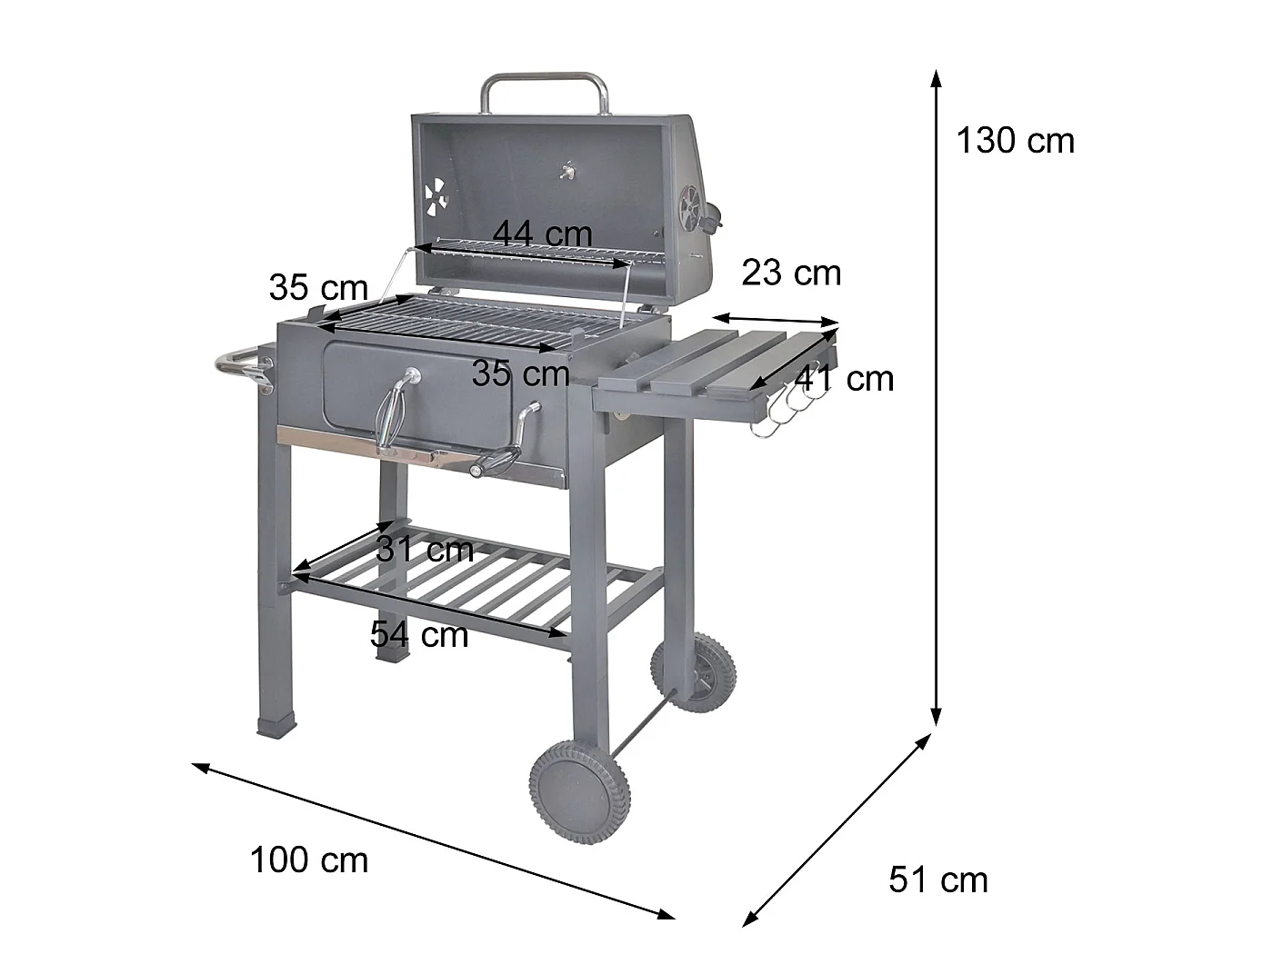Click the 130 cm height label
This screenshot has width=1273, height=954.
(1015, 141)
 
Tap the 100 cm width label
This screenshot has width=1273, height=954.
(309, 860)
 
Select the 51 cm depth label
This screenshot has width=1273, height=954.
(937, 879)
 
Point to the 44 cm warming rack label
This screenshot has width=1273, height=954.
(542, 234)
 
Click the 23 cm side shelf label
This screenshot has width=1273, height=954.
(791, 273)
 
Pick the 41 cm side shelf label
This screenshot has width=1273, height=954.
(845, 378)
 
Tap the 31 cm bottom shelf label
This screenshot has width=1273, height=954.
(425, 549)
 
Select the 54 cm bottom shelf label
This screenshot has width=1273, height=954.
(419, 633)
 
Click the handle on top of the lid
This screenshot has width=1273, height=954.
(544, 84)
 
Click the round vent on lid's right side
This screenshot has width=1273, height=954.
(693, 206)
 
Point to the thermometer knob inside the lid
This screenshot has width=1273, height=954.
(570, 170)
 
